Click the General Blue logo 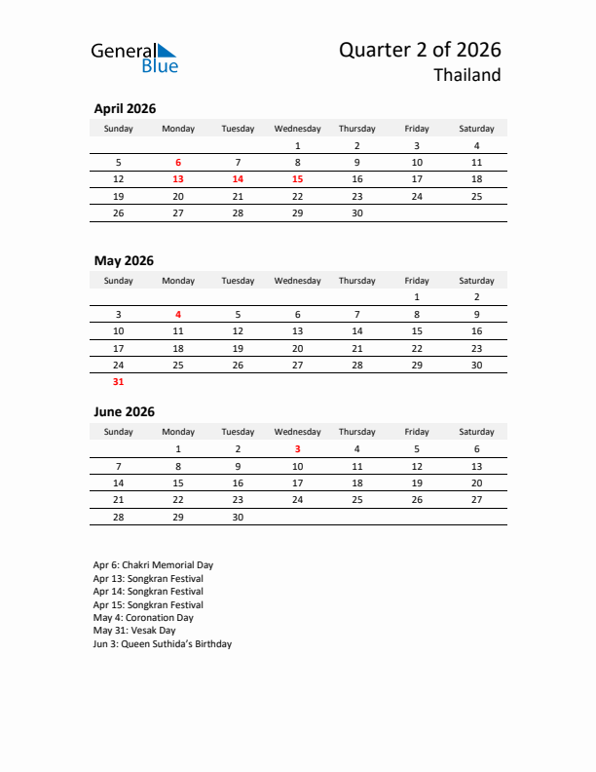tap(134, 58)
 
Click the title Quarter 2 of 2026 tap(420, 50)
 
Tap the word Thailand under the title tap(467, 76)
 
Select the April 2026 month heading tap(125, 109)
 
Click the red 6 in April tap(178, 163)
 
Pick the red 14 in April tap(238, 179)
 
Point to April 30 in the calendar tap(356, 212)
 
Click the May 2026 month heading tap(124, 260)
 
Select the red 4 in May tap(178, 314)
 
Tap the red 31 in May tap(119, 382)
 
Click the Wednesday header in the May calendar tap(297, 281)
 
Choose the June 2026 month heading tap(124, 412)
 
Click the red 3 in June tap(297, 448)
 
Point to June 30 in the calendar tap(238, 517)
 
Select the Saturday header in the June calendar tap(476, 432)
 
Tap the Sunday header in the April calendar tap(119, 129)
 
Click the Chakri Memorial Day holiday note tap(153, 565)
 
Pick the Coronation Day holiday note tap(143, 618)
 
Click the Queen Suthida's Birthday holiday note tap(163, 644)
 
